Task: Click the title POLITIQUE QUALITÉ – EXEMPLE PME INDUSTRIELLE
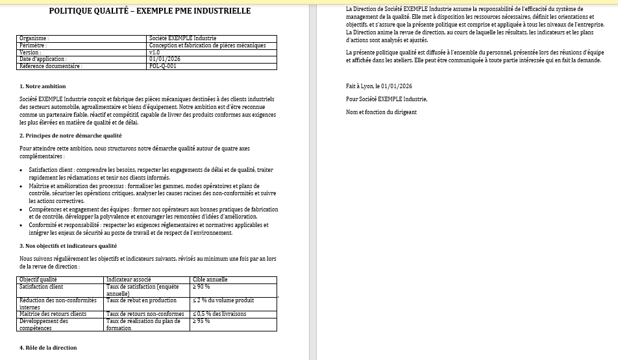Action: [150, 11]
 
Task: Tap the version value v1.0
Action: [154, 53]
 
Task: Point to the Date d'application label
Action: [43, 59]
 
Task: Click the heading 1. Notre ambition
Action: [43, 86]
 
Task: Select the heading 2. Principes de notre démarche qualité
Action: [71, 136]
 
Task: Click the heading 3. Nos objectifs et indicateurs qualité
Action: [68, 246]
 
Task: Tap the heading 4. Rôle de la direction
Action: [48, 348]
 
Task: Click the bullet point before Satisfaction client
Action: [22, 170]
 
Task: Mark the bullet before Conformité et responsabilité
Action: [22, 226]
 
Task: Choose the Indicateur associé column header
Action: [129, 280]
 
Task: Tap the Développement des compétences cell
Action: [44, 324]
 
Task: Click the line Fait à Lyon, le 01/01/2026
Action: [379, 86]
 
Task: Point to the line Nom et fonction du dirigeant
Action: [381, 112]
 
